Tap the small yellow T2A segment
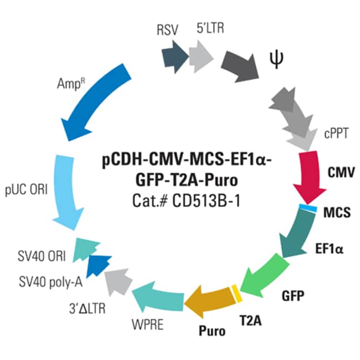point(236,294)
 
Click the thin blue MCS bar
point(308,208)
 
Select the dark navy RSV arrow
point(175,57)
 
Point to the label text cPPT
point(336,133)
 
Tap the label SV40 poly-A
point(50,282)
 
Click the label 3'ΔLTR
point(88,308)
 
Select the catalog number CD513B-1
point(206,201)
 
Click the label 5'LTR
point(210,28)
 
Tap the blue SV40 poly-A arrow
point(98,266)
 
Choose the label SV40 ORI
point(42,256)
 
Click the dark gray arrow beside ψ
point(240,66)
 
